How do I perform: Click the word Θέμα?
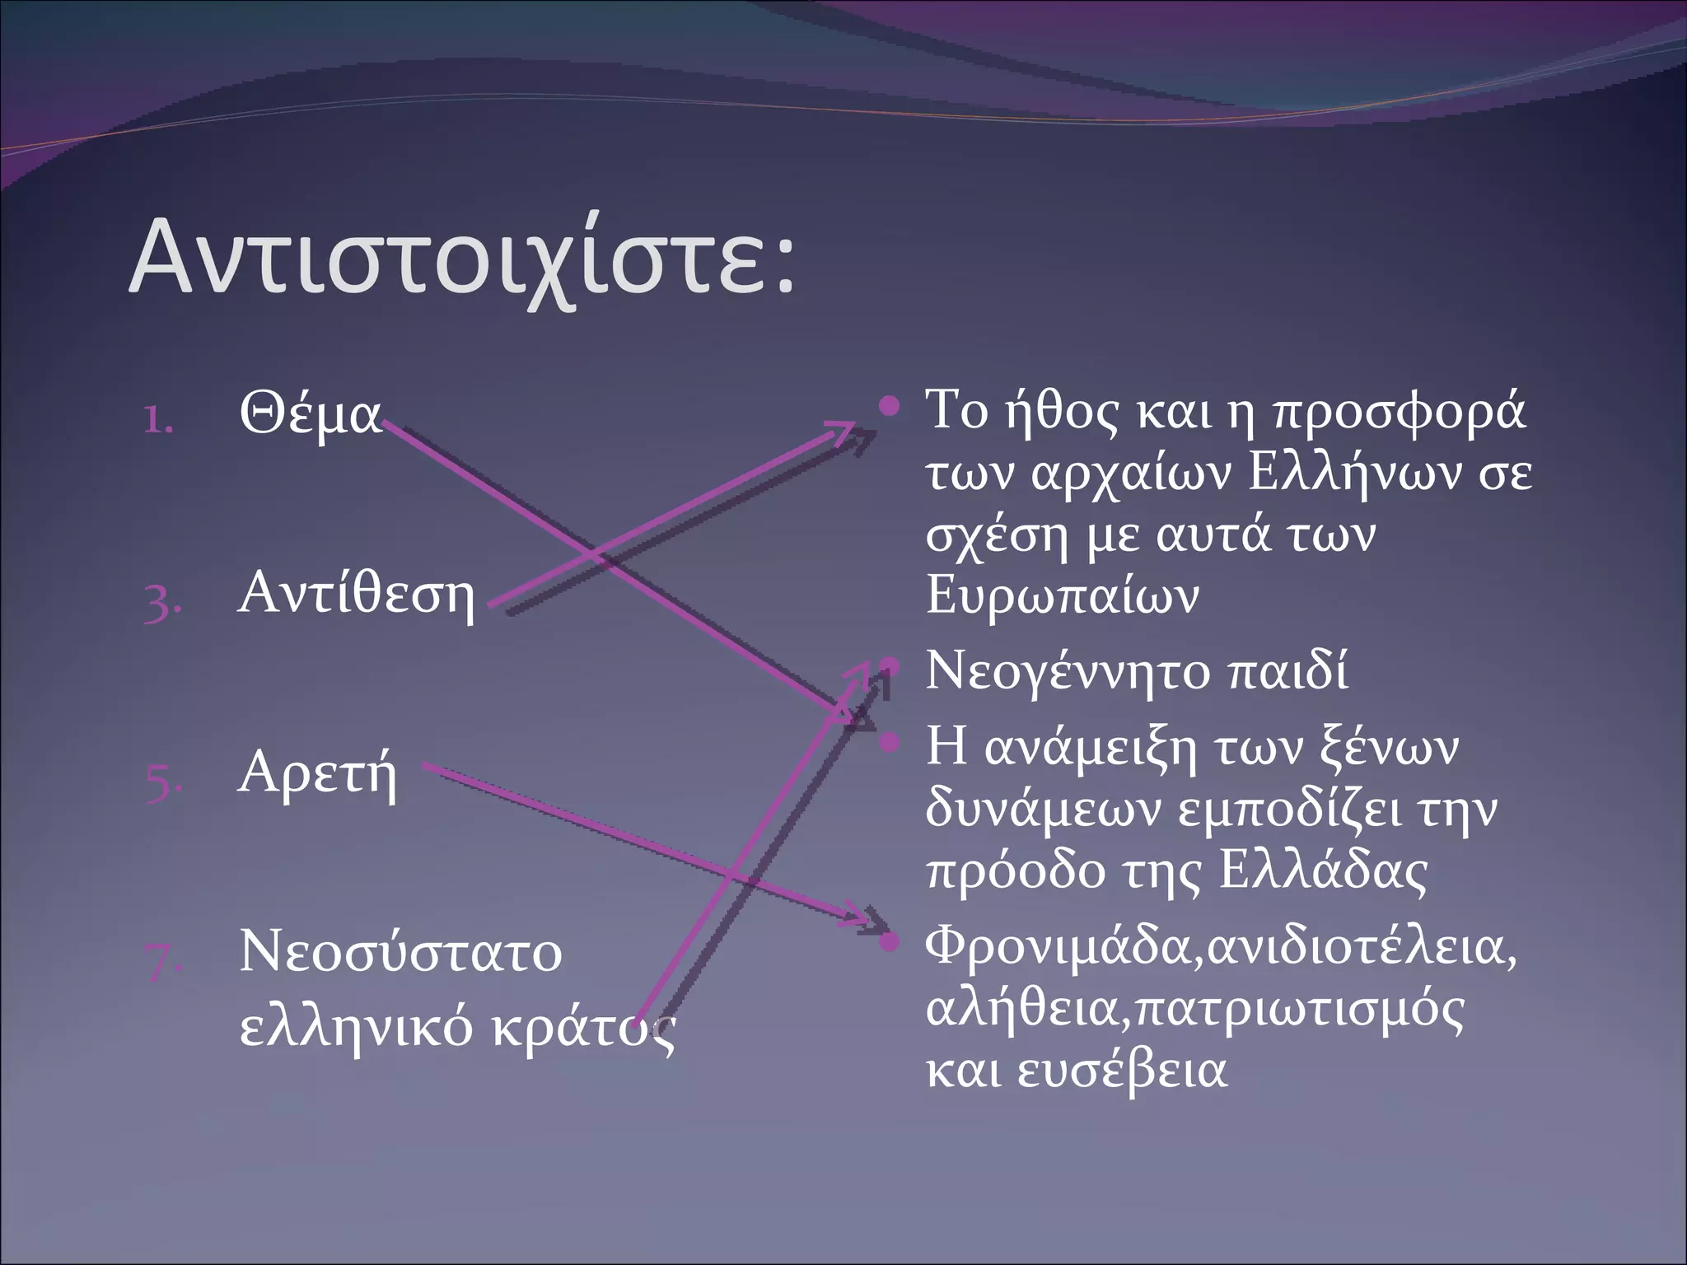pos(311,414)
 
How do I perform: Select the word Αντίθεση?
pos(356,595)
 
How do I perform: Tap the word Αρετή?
pos(317,774)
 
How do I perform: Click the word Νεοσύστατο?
pos(400,953)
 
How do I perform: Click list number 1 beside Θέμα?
pos(158,420)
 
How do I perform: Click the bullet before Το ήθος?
pos(888,405)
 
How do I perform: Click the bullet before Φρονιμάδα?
pos(888,941)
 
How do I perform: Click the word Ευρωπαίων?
pos(1062,595)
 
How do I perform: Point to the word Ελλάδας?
pos(1322,871)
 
